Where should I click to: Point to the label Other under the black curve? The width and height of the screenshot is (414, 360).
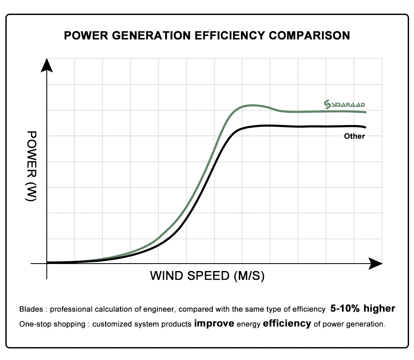pyautogui.click(x=354, y=136)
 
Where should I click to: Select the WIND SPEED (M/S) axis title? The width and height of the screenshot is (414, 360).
pyautogui.click(x=207, y=276)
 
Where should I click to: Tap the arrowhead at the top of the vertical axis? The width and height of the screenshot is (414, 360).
pyautogui.click(x=47, y=66)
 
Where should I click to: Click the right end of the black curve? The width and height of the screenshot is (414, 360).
pyautogui.click(x=366, y=127)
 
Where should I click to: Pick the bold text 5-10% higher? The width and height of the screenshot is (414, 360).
pyautogui.click(x=363, y=308)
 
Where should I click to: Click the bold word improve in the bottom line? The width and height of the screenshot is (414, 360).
pyautogui.click(x=214, y=324)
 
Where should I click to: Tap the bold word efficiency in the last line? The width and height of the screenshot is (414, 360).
pyautogui.click(x=287, y=324)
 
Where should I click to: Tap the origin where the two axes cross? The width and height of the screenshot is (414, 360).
pyautogui.click(x=47, y=263)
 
